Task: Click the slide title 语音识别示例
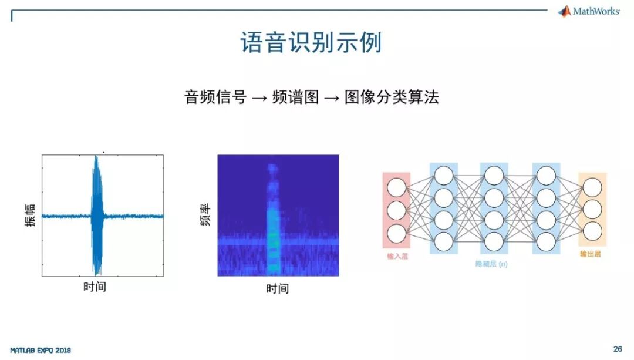pos(311,43)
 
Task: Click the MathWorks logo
pos(589,11)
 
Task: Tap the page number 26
pos(618,349)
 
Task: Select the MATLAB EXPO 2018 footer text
pos(41,350)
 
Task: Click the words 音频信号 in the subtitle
pos(215,97)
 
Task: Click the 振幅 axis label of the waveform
pos(30,216)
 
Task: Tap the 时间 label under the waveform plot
pos(95,287)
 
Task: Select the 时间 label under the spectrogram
pos(277,289)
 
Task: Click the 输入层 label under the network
pos(397,256)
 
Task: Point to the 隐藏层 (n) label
pos(492,264)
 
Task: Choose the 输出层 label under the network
pos(591,254)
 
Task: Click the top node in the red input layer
pos(397,187)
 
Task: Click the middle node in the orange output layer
pos(592,209)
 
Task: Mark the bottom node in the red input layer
pos(397,233)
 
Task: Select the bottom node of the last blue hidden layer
pos(546,241)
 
